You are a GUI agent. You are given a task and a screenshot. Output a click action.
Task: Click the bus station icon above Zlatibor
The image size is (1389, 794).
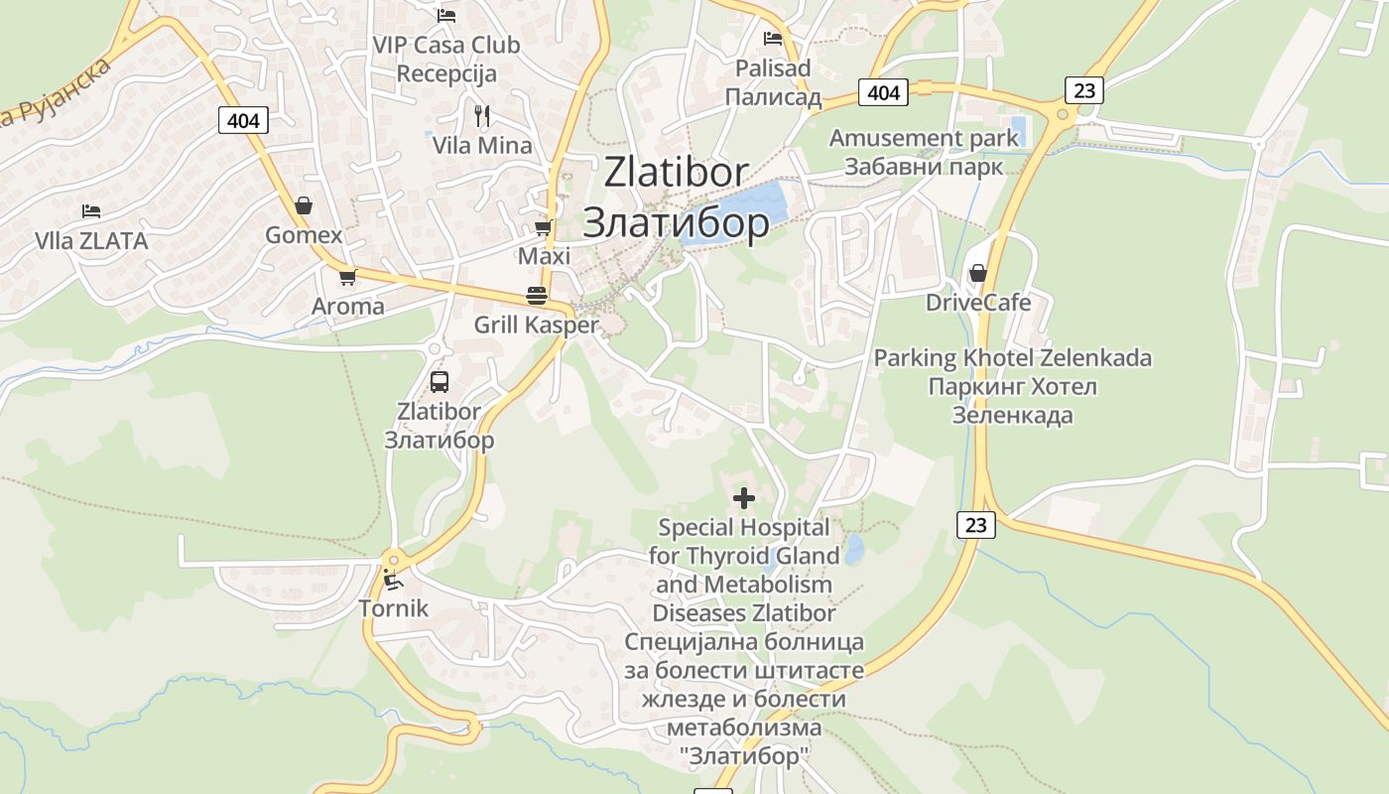pyautogui.click(x=439, y=381)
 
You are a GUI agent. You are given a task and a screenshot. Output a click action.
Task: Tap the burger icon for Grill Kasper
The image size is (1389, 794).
pyautogui.click(x=537, y=296)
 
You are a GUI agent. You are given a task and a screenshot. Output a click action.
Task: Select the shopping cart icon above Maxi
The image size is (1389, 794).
pyautogui.click(x=543, y=228)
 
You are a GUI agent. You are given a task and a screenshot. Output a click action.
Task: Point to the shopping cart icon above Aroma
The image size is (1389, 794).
pyautogui.click(x=347, y=277)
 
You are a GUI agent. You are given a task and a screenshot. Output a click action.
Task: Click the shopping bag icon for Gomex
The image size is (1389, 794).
pyautogui.click(x=304, y=205)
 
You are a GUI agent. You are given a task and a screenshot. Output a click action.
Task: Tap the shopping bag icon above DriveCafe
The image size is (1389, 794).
pyautogui.click(x=978, y=273)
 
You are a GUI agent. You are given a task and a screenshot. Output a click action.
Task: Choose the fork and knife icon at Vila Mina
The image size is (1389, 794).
pyautogui.click(x=482, y=116)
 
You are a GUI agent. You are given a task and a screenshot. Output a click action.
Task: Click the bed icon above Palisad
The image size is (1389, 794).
pyautogui.click(x=773, y=39)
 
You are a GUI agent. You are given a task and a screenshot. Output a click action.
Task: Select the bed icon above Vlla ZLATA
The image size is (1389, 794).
pyautogui.click(x=91, y=211)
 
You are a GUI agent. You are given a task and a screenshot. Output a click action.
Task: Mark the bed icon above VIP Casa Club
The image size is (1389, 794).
pyautogui.click(x=446, y=16)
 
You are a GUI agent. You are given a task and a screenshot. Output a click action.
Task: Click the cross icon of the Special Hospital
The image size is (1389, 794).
pyautogui.click(x=744, y=497)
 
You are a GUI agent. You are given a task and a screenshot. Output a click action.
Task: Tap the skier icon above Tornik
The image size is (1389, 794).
pyautogui.click(x=393, y=579)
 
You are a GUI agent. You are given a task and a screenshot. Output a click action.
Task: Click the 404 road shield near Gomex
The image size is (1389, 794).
pyautogui.click(x=243, y=121)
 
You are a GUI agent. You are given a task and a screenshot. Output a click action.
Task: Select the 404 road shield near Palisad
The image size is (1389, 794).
pyautogui.click(x=882, y=92)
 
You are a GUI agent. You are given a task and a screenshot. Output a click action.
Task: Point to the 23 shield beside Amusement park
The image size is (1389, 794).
pyautogui.click(x=1084, y=90)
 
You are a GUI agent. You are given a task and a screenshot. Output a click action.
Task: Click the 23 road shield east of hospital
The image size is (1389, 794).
pyautogui.click(x=976, y=525)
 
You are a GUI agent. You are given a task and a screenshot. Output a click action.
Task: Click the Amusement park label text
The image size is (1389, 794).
pyautogui.click(x=924, y=138)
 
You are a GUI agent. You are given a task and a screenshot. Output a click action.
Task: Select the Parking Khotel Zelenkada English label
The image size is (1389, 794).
pyautogui.click(x=1012, y=357)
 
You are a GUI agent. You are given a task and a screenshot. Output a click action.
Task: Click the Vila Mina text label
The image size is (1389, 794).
pyautogui.click(x=482, y=145)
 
